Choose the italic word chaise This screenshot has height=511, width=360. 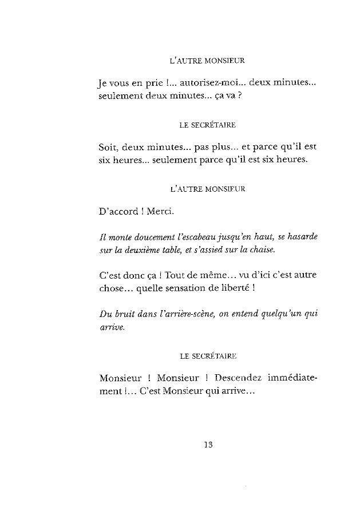tap(263, 249)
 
